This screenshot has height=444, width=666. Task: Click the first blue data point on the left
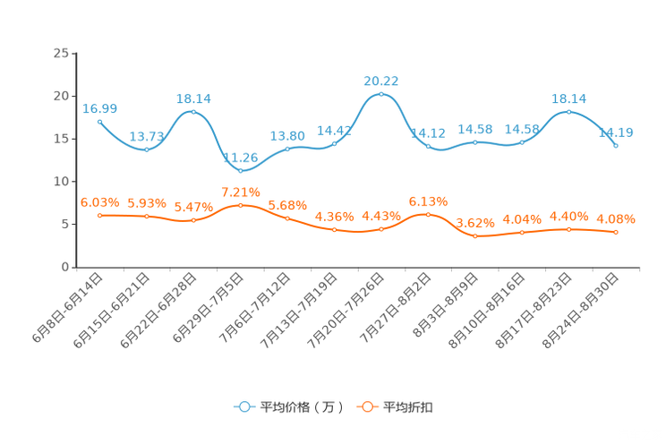99,121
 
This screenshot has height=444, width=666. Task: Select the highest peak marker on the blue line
380,93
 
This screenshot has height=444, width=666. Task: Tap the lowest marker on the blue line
240,170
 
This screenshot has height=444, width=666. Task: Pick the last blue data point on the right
616,145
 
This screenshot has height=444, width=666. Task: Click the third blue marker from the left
193,112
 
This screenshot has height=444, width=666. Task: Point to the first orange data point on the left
99,215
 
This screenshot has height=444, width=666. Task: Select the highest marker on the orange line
240,205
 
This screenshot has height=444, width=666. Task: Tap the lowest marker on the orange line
474,236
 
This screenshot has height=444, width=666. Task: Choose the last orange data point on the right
616,233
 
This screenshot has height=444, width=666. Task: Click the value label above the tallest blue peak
380,80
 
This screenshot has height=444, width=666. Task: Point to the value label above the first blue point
99,108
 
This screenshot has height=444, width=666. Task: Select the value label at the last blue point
617,132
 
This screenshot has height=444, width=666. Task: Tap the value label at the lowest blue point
240,157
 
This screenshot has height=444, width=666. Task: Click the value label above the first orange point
99,201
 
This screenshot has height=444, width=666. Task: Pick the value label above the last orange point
616,218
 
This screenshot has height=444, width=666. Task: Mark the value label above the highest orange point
240,192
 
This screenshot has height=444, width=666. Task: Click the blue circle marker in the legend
243,406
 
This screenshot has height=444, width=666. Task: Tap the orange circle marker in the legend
366,406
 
